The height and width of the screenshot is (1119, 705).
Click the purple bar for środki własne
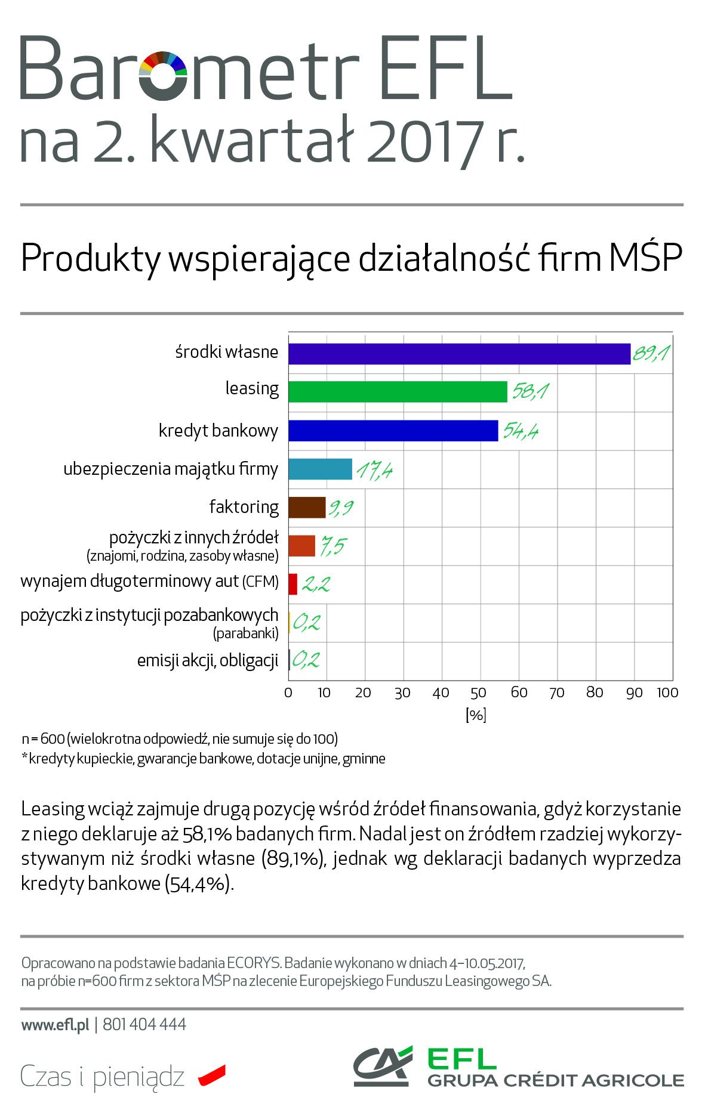[x=459, y=354]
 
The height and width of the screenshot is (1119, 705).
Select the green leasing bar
[x=398, y=392]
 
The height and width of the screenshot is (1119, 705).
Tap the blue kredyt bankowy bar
[x=393, y=431]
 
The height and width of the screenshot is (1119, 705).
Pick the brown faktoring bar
[x=307, y=508]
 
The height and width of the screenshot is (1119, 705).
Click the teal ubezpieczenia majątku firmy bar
[x=320, y=469]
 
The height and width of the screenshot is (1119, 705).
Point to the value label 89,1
[x=650, y=354]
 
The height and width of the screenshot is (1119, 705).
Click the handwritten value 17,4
[x=374, y=471]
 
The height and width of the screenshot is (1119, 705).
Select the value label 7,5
[x=333, y=546]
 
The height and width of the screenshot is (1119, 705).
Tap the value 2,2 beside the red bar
[x=315, y=584]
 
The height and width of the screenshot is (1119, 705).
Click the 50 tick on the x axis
[x=478, y=693]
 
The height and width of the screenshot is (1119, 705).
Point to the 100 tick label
[x=667, y=693]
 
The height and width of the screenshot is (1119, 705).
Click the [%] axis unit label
[x=476, y=715]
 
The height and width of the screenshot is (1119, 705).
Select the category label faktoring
[x=244, y=507]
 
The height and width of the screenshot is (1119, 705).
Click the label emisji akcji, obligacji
[x=208, y=661]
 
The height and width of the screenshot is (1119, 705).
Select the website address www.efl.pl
[x=55, y=1025]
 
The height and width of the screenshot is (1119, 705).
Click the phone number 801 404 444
[x=144, y=1025]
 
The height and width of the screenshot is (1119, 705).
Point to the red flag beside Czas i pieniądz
[x=212, y=1074]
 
